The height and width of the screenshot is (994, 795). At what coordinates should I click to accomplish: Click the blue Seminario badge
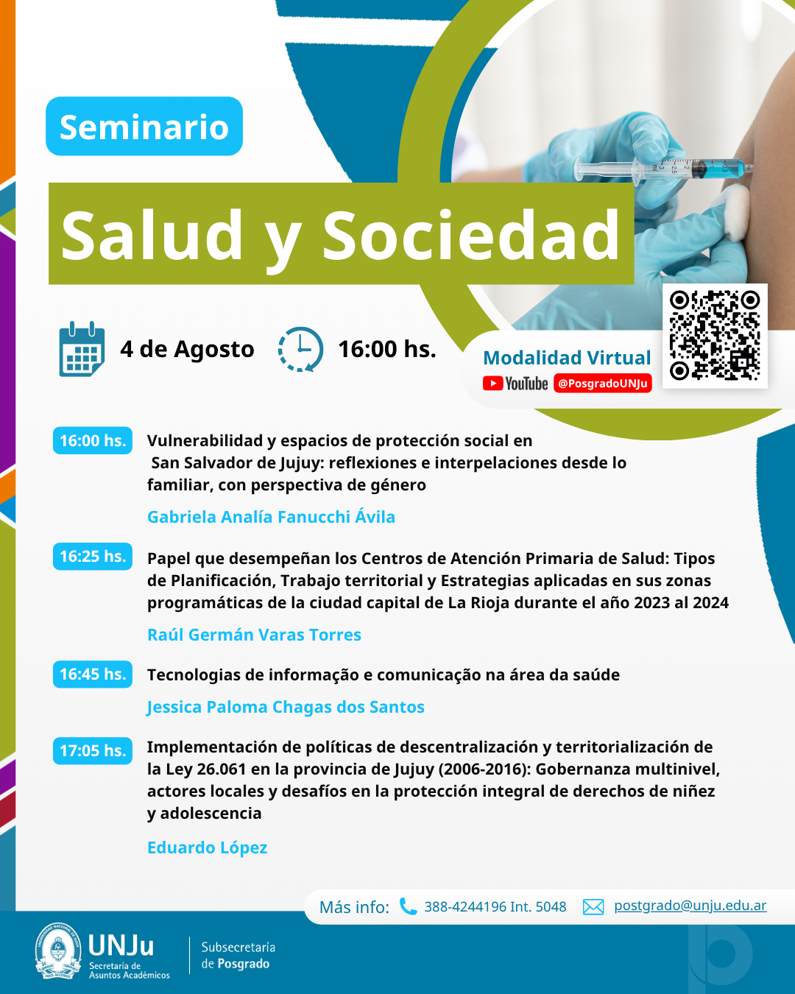144,126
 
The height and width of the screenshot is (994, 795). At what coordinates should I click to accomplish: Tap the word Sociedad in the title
470,235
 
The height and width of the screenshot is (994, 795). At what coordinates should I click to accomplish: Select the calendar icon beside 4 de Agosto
82,349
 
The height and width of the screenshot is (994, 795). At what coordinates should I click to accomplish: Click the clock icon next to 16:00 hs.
300,349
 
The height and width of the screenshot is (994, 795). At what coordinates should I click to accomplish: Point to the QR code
715,335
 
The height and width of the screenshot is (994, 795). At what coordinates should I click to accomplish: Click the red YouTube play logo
493,384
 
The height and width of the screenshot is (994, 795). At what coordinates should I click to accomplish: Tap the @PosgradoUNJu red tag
602,384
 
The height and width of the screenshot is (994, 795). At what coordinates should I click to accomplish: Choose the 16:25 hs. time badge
93,556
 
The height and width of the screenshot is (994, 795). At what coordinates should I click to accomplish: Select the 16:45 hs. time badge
93,674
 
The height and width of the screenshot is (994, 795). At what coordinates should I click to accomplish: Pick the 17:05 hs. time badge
93,750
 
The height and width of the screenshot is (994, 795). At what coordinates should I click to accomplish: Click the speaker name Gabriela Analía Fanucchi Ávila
271,517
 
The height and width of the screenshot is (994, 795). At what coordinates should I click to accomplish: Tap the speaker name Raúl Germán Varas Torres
254,635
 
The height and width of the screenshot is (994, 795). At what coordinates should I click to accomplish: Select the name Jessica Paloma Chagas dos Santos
286,707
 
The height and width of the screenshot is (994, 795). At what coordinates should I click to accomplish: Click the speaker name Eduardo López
208,847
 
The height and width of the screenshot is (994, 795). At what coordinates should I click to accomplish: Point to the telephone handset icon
408,906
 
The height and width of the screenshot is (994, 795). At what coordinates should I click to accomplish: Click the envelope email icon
593,907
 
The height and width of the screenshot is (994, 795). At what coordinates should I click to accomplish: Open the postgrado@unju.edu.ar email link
690,906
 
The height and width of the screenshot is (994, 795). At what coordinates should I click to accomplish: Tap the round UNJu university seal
58,951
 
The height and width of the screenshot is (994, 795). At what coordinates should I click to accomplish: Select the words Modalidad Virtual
567,358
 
